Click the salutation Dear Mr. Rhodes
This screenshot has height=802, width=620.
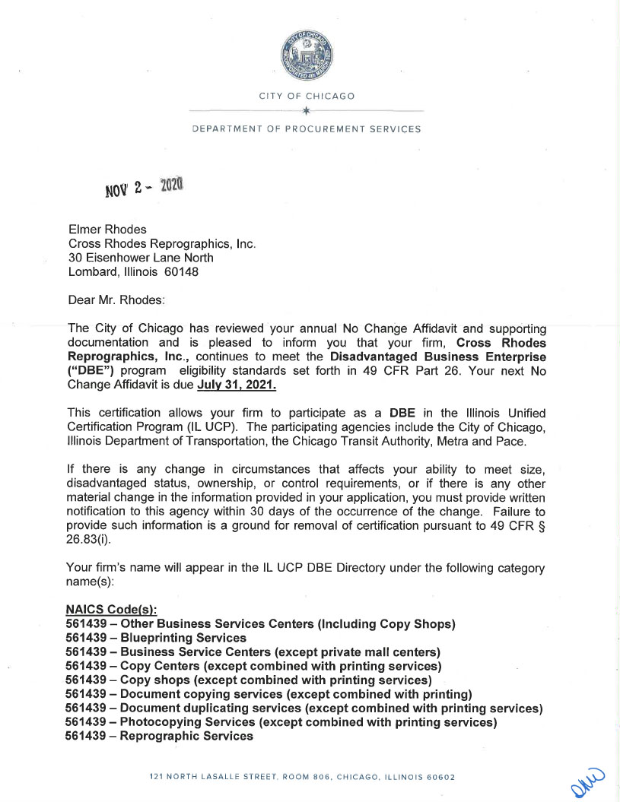(116, 300)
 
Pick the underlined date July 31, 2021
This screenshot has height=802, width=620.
(237, 385)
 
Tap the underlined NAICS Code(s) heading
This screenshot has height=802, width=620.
(111, 610)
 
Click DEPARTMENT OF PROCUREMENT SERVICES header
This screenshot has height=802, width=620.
(307, 129)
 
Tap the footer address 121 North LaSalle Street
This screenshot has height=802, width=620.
(302, 777)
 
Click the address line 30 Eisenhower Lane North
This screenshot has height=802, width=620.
(141, 258)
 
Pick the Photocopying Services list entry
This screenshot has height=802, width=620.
(281, 722)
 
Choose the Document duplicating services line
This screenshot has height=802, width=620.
(304, 708)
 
